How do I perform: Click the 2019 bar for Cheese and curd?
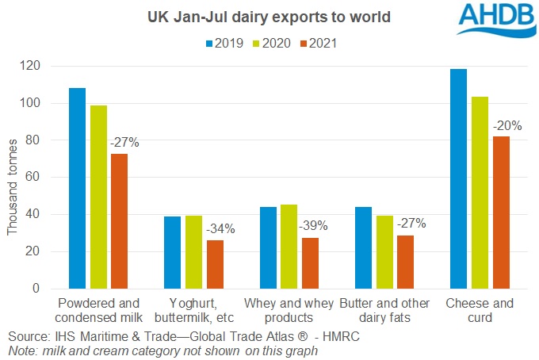[x=459, y=179]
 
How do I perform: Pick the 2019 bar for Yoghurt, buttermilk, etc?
[x=173, y=252]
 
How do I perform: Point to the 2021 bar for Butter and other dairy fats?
[x=406, y=262]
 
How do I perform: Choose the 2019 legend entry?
[x=227, y=44]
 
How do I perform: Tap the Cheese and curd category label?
[x=480, y=310]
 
